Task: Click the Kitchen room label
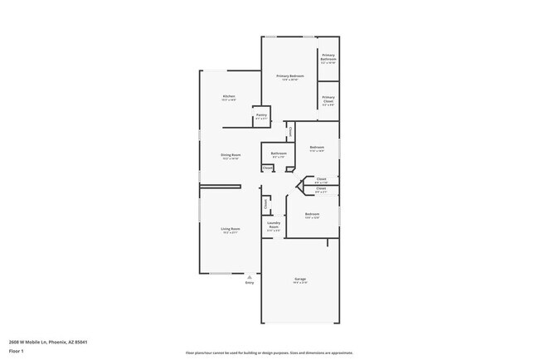pyautogui.click(x=229, y=97)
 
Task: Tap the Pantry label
pyautogui.click(x=261, y=116)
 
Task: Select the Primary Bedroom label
pyautogui.click(x=290, y=77)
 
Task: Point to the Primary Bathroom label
pyautogui.click(x=328, y=58)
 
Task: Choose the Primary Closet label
pyautogui.click(x=328, y=101)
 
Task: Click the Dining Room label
pyautogui.click(x=231, y=156)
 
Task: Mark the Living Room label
pyautogui.click(x=230, y=230)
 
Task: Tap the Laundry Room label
pyautogui.click(x=274, y=225)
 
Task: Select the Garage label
pyautogui.click(x=300, y=280)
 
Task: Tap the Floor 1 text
pyautogui.click(x=17, y=351)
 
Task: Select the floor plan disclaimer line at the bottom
pyautogui.click(x=269, y=353)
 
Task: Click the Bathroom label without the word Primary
pyautogui.click(x=279, y=153)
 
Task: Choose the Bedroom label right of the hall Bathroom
pyautogui.click(x=317, y=148)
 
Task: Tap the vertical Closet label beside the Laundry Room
pyautogui.click(x=265, y=203)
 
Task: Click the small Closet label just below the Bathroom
pyautogui.click(x=268, y=168)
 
